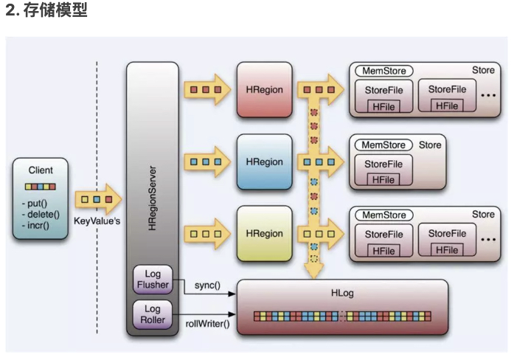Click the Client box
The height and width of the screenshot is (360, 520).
(x=41, y=198)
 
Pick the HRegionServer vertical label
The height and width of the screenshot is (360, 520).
(x=153, y=199)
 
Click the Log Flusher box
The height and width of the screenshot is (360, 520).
(x=153, y=279)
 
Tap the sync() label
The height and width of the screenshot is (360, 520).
(x=208, y=284)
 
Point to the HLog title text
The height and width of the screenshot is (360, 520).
(x=342, y=293)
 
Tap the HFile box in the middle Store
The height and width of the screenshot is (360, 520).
(x=383, y=179)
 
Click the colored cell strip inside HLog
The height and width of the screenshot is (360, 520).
(x=342, y=316)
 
